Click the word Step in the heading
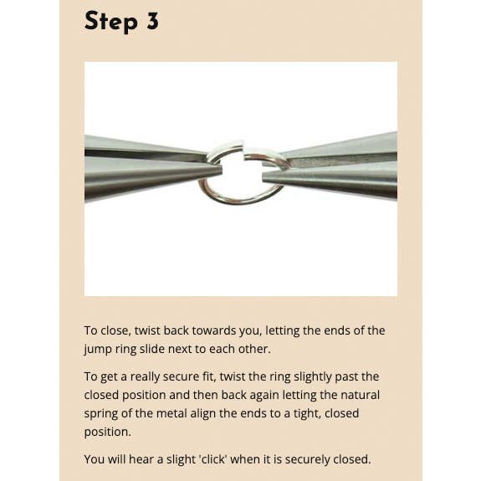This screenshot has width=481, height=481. click(110, 22)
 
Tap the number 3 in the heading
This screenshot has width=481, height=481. click(152, 21)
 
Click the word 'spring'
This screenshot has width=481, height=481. click(101, 414)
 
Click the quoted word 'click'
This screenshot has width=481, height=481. click(213, 459)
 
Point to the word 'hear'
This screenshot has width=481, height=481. click(141, 459)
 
